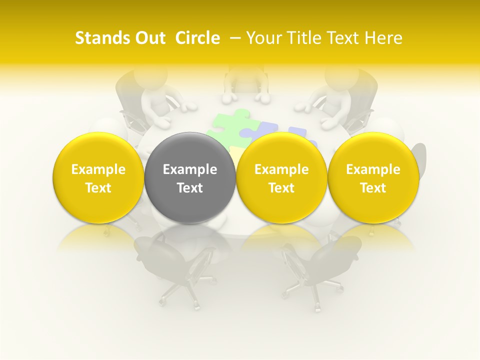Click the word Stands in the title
click(x=102, y=38)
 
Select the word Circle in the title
click(x=197, y=38)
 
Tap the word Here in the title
click(x=383, y=38)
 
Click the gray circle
click(x=190, y=178)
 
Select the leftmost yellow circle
click(x=98, y=178)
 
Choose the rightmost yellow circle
click(x=373, y=178)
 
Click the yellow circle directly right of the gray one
click(x=281, y=178)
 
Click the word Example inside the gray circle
click(x=190, y=169)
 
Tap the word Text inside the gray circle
click(x=190, y=188)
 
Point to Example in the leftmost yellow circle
click(x=98, y=169)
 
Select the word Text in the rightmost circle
click(x=373, y=188)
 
